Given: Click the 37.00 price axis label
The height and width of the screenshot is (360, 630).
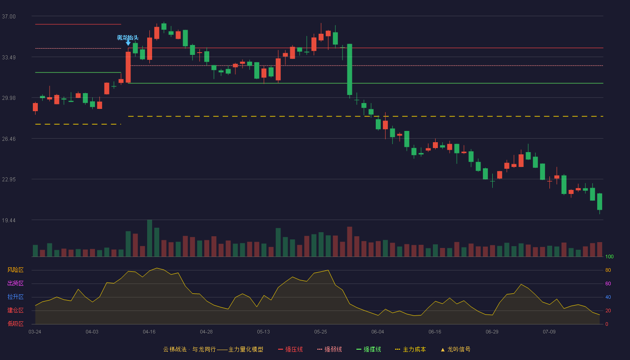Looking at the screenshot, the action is click(x=9, y=17).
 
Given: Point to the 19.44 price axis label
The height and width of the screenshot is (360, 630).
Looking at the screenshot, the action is click(x=9, y=220).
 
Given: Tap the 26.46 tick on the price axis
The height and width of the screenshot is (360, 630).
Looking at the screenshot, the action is click(x=9, y=139).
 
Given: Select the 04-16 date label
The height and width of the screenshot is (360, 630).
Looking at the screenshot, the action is click(x=149, y=332).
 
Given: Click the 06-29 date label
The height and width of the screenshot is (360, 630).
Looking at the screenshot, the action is click(x=492, y=332).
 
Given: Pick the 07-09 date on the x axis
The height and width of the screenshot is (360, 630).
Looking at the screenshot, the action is click(x=549, y=332).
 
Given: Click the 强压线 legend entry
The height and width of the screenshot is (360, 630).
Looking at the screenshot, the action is click(x=290, y=349).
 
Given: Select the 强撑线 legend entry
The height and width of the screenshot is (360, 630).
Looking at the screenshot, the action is click(x=369, y=349).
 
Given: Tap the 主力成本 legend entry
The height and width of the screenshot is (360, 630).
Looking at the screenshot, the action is click(x=410, y=349).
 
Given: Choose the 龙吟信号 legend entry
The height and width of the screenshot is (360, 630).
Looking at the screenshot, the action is click(x=455, y=349).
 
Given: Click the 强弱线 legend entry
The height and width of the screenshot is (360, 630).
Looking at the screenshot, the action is click(x=329, y=349).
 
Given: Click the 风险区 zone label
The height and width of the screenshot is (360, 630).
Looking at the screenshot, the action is click(x=15, y=270).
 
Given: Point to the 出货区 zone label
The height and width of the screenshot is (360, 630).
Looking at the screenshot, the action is click(x=15, y=283).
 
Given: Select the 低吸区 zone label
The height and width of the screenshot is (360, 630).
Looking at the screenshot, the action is click(x=15, y=324).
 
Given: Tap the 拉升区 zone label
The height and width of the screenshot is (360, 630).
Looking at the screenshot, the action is click(x=15, y=297).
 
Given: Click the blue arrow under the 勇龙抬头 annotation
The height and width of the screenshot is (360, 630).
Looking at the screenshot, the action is click(x=128, y=43).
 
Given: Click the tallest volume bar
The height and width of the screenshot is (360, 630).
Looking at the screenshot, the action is click(x=149, y=238).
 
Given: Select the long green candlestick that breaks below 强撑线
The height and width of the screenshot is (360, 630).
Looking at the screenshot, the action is click(x=350, y=69).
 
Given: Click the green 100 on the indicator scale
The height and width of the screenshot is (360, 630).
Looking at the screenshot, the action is click(x=609, y=256).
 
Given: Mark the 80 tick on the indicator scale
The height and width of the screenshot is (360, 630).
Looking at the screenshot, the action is click(x=608, y=270).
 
